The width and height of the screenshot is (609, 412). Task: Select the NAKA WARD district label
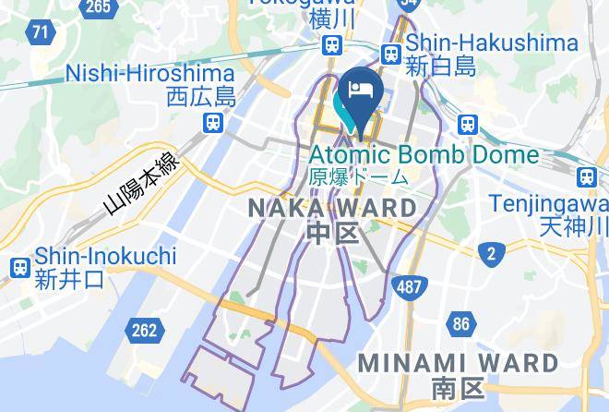333,209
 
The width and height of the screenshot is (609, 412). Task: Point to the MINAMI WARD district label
458,362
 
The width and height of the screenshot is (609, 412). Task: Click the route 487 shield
408,286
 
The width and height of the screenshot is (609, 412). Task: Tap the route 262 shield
145,330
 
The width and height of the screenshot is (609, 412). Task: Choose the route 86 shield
461,323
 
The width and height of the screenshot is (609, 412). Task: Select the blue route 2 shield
491,253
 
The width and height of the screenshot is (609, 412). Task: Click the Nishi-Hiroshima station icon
213,122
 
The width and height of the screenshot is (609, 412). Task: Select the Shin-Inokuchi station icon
18,268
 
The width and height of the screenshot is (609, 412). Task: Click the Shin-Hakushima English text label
492,42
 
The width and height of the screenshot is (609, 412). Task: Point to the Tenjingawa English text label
547,201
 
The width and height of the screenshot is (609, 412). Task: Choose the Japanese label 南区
457,389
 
